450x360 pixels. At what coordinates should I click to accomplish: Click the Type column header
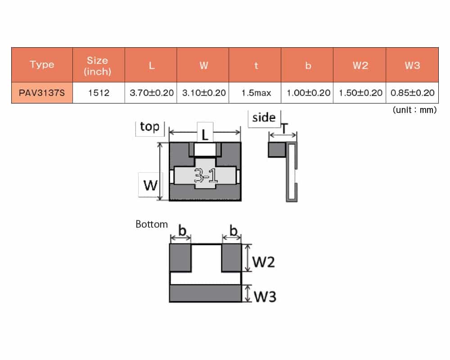[42, 64]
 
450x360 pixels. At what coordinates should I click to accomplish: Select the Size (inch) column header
[98, 66]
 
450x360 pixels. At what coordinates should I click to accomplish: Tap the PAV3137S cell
[42, 93]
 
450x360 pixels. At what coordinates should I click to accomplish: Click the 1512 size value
[99, 93]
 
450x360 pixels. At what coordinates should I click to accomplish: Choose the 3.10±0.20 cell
[204, 93]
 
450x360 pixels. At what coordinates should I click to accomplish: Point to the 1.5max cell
[256, 93]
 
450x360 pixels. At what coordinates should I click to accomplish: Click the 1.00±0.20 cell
[308, 93]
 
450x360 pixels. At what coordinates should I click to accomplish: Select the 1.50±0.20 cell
[360, 93]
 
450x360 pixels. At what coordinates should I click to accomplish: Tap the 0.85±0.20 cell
[412, 93]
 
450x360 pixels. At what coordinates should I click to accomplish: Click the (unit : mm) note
[415, 110]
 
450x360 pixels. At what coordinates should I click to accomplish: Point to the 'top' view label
[149, 126]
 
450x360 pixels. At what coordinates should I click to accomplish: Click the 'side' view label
[264, 117]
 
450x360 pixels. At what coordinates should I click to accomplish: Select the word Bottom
[152, 224]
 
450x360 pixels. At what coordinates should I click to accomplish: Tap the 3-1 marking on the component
[206, 175]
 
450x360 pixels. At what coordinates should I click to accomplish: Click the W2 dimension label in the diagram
[263, 262]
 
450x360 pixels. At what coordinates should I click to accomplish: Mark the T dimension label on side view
[284, 128]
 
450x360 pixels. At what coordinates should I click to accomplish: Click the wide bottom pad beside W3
[206, 293]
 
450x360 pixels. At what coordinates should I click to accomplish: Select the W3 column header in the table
[412, 65]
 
